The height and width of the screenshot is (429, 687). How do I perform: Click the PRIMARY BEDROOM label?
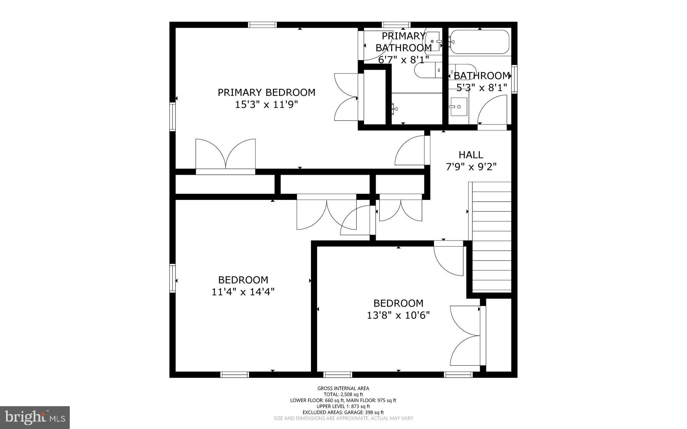coord(266,92)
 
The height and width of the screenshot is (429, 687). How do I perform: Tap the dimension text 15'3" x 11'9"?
coord(266,105)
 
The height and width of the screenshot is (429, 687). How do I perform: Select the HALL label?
coord(471,155)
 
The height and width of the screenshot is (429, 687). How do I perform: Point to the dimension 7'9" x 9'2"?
coord(471,167)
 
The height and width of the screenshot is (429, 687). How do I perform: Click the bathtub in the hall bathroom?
coord(480,42)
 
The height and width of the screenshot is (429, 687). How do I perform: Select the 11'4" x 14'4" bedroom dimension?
coord(243,292)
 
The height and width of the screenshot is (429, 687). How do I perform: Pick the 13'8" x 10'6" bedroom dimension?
coord(398,315)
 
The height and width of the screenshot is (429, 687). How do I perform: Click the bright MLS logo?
coord(35,417)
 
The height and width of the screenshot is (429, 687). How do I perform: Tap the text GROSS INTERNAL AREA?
coord(343,388)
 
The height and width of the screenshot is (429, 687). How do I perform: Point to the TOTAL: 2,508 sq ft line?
coord(343,394)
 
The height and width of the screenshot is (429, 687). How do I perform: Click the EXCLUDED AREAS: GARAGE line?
coord(343,412)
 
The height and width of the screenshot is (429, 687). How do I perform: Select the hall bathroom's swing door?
coord(492,111)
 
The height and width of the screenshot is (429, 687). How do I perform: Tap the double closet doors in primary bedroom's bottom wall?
coord(225,155)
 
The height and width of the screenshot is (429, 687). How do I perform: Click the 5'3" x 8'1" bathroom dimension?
coord(482,88)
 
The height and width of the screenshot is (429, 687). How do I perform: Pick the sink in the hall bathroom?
coord(459,107)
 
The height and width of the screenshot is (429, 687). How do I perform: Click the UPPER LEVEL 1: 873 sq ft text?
coord(343,406)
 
